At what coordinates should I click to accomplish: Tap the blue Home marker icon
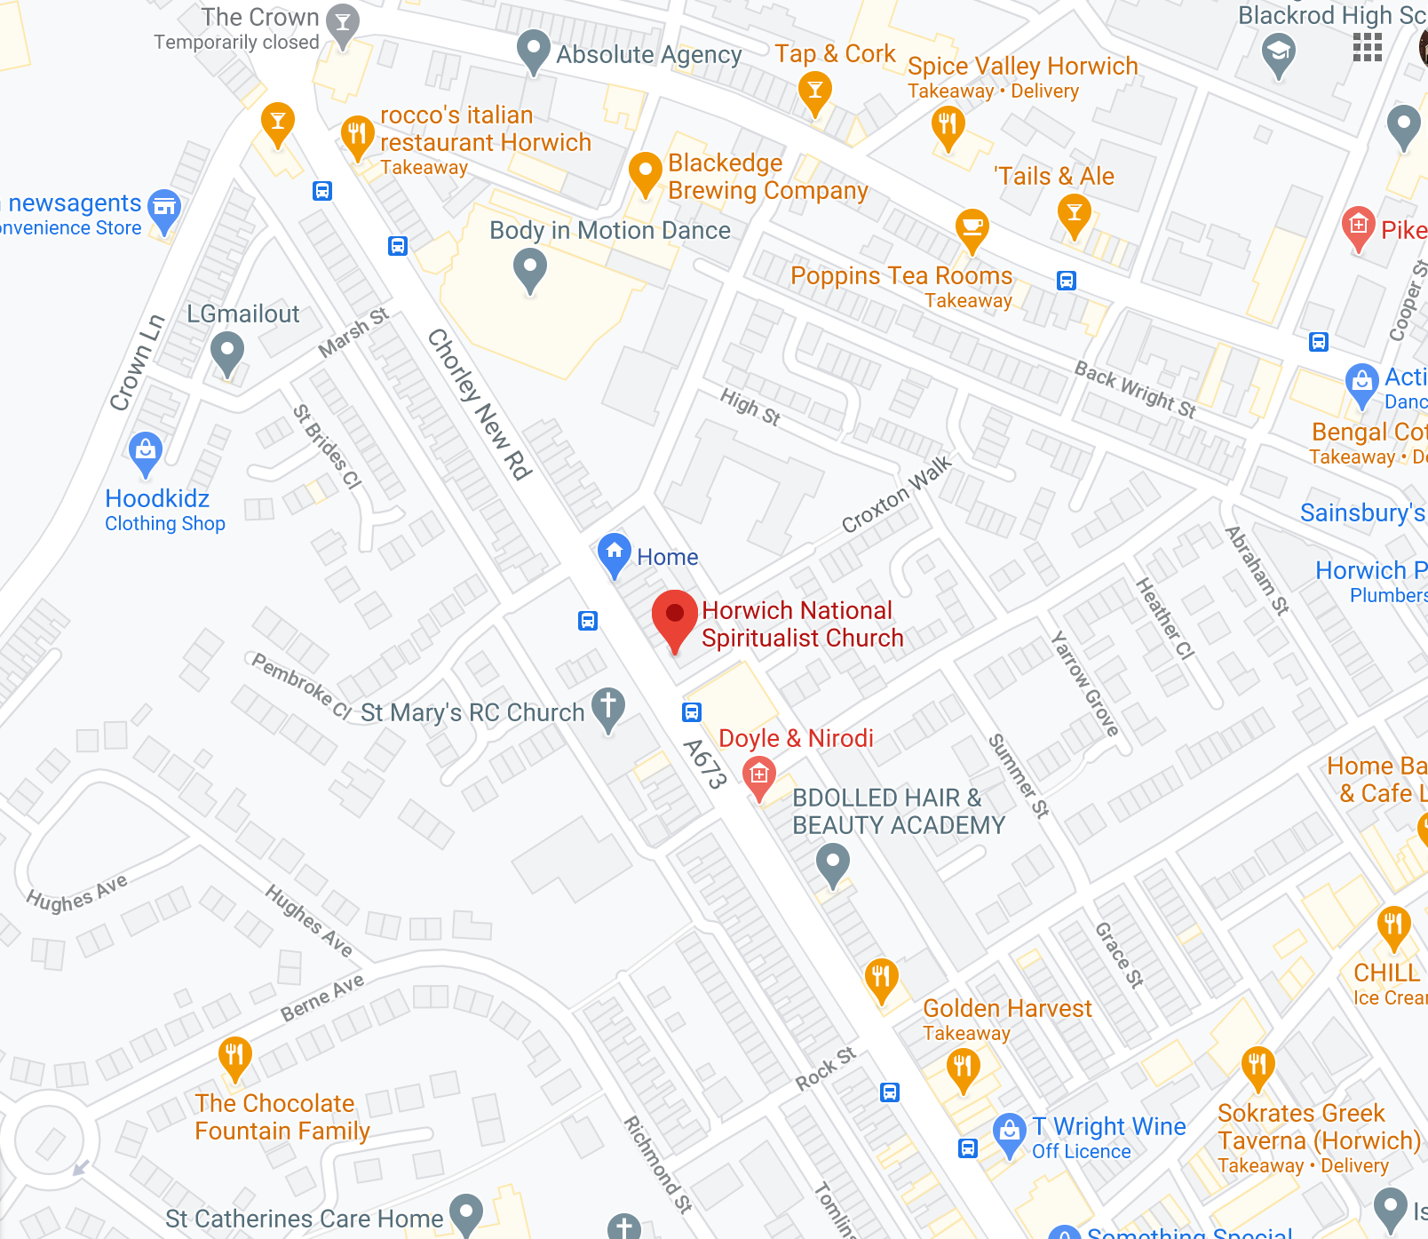coord(614,552)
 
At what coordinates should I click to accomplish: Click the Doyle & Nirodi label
coord(796,738)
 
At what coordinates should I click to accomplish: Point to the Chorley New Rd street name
coord(480,404)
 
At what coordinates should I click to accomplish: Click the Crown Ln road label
coord(137,362)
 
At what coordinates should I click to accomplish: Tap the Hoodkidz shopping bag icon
coord(146,451)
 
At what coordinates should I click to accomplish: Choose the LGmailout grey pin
coord(227,352)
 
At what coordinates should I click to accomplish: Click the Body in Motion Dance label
coord(610,230)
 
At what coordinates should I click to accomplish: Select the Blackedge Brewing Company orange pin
coord(646,171)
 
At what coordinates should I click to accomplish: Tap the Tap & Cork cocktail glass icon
coord(814,91)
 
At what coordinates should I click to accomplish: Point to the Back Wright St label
coord(1135,389)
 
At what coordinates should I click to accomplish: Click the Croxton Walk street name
coord(896,495)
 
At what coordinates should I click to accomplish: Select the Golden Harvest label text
coord(1007,1008)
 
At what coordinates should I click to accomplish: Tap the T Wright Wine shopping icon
coord(1009,1132)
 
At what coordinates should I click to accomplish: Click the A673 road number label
coord(706,764)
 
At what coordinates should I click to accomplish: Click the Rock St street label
coord(826,1068)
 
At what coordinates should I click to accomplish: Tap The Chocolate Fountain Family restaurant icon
coord(234,1056)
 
